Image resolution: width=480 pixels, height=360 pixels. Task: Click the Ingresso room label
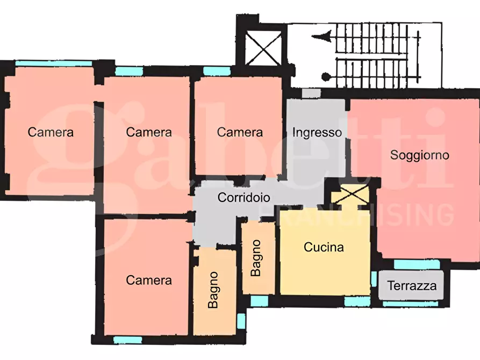[x=317, y=133]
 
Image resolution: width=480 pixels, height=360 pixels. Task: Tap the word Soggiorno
[x=419, y=155]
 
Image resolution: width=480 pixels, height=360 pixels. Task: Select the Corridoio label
[x=243, y=197]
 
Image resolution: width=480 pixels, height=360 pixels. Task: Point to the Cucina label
[x=324, y=247]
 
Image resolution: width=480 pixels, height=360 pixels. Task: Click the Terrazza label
[x=412, y=286]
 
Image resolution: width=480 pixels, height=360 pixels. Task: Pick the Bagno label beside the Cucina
[x=256, y=258]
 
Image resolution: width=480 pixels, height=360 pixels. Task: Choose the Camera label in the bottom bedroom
[x=149, y=280]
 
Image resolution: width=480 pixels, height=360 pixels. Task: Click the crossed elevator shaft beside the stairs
[x=263, y=49]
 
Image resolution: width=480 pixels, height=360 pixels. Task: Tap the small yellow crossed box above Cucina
[x=350, y=195]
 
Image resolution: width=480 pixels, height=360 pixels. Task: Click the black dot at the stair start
[x=326, y=76]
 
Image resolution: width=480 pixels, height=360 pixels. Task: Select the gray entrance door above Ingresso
[x=311, y=93]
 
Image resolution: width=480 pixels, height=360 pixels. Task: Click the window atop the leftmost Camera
[x=54, y=63]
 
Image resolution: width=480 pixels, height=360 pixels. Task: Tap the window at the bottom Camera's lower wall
[x=127, y=340]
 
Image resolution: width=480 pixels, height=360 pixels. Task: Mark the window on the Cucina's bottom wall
[x=357, y=301]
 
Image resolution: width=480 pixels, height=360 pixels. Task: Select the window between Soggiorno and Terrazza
[x=417, y=264]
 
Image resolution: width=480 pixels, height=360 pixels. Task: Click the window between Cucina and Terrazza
[x=374, y=278]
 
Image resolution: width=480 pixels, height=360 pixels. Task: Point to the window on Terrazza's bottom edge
[x=410, y=304]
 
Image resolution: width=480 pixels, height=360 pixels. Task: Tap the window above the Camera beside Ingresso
[x=217, y=71]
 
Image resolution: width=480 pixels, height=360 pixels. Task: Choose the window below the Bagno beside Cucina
[x=259, y=301]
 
